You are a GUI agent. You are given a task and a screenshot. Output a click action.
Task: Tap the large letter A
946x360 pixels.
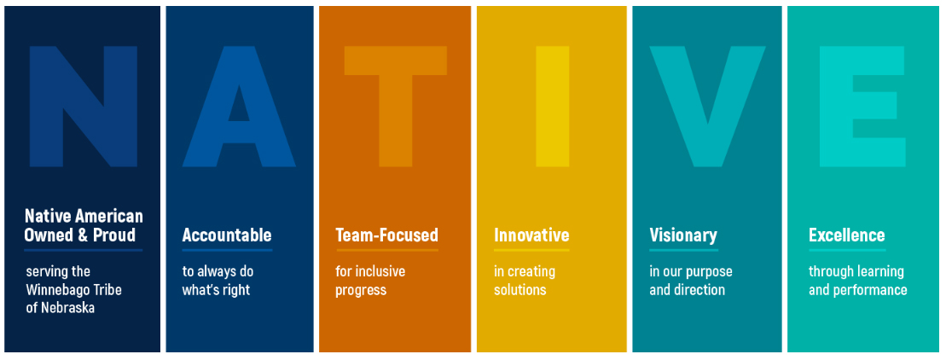tap(239, 106)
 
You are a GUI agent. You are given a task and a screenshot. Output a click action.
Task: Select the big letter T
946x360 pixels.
tap(395, 106)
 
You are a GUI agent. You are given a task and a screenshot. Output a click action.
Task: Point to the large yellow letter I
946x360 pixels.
tap(552, 106)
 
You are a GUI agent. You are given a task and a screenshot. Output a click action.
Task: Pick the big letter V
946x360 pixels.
tap(707, 106)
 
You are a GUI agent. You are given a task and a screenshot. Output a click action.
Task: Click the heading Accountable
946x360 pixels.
tap(227, 235)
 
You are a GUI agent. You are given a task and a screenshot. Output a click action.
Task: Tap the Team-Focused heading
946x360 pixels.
tap(386, 235)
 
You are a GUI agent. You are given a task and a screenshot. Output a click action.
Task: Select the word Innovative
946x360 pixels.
tap(531, 235)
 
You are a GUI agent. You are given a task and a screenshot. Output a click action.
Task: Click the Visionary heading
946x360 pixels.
tap(683, 235)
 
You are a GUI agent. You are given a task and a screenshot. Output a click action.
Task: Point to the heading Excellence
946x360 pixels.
tap(847, 235)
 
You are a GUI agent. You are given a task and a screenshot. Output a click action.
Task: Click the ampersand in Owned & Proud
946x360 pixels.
tap(80, 235)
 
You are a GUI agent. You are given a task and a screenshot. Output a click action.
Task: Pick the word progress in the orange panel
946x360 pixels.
tap(361, 291)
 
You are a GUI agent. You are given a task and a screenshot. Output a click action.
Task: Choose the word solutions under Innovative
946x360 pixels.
tap(520, 290)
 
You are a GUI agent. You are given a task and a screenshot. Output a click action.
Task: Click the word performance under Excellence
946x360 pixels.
tap(870, 291)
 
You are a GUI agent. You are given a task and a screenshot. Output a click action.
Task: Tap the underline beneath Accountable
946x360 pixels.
tap(227, 250)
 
